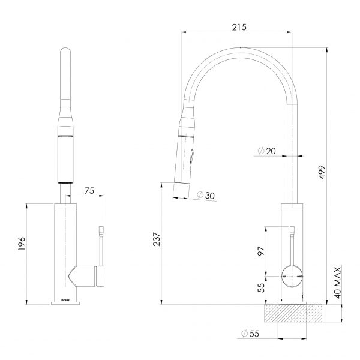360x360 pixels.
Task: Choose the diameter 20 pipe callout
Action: click(x=266, y=152)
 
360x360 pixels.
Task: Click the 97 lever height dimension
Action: click(x=262, y=251)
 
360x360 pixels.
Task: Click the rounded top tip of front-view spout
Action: click(x=65, y=53)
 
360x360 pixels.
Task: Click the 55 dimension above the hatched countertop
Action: click(x=262, y=288)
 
